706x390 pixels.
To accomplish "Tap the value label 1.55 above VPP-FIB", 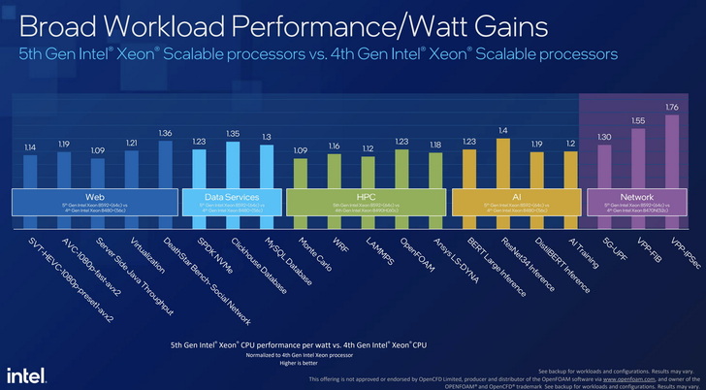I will [x=637, y=120].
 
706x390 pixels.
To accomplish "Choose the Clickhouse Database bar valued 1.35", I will [x=233, y=165].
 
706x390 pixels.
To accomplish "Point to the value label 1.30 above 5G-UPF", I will [x=604, y=137].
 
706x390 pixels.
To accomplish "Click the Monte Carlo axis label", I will [x=316, y=251].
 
